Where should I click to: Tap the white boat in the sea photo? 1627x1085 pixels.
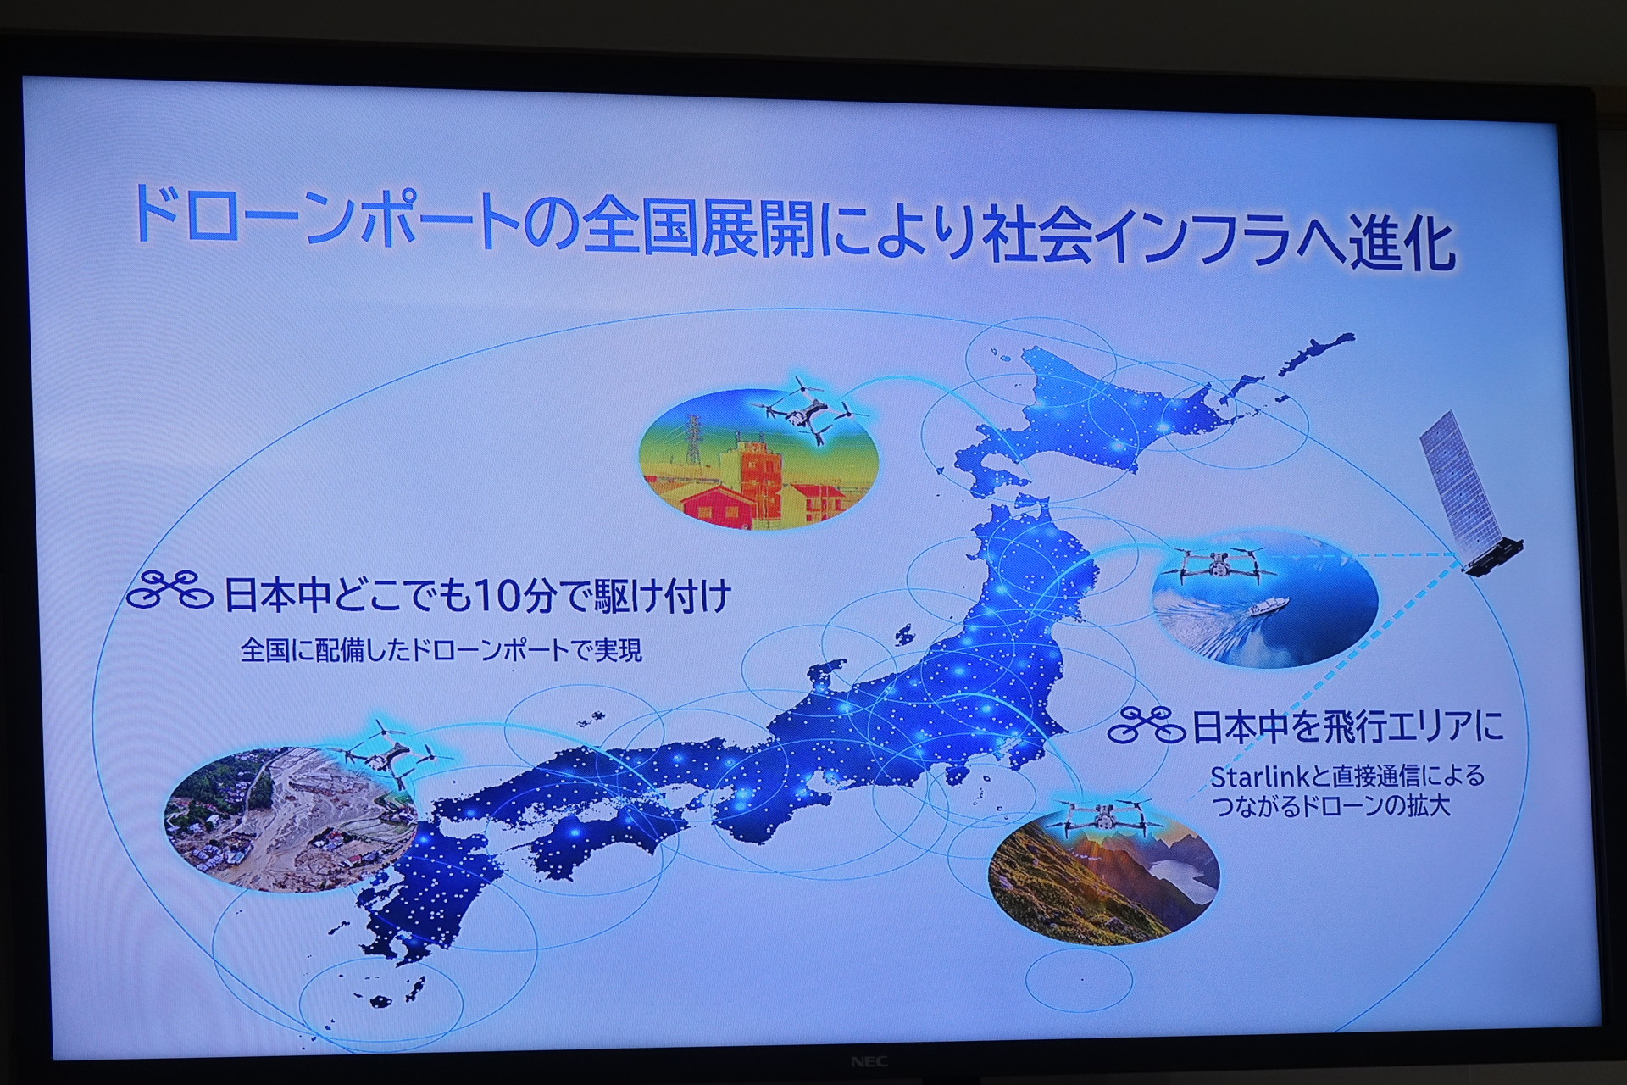(x=1267, y=606)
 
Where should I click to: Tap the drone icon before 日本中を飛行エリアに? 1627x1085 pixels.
(x=1147, y=726)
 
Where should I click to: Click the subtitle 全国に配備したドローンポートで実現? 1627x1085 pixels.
(x=441, y=650)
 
